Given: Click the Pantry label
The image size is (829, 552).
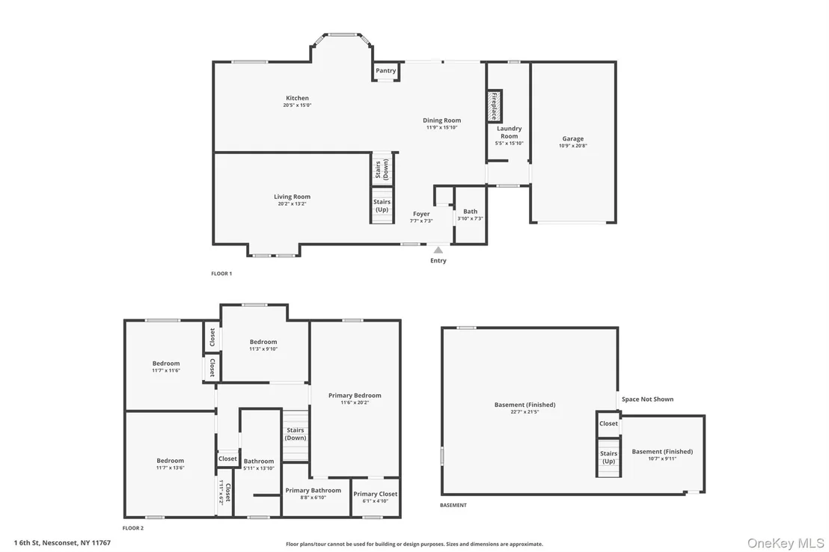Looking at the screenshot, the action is point(385,71).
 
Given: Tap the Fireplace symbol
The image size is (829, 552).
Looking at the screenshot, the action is point(495,105).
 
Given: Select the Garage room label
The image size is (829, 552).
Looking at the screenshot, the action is point(573,138).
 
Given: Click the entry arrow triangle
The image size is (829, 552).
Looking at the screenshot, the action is point(438,250).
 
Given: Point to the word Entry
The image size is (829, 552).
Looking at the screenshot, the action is point(438,260).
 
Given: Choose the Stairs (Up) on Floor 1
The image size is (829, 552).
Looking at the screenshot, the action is point(382,205).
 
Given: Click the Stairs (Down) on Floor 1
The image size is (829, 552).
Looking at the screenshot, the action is point(382,169).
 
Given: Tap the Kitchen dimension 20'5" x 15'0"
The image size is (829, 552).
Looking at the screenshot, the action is point(297,105).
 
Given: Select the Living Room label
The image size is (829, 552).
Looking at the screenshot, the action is point(292,197).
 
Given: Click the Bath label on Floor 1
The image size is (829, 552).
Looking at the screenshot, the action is point(470,212).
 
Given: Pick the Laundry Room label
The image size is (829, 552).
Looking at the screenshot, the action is point(509,132).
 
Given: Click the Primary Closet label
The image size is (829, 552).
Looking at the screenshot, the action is point(376,494).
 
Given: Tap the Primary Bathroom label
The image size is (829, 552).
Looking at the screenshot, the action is point(313,490).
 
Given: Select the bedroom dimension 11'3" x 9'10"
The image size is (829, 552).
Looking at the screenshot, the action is point(263,349).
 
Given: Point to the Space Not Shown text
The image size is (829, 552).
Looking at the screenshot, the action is point(648,399).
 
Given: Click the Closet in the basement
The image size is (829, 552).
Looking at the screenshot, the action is point(608,423).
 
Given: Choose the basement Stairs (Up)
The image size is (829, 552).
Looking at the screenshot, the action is point(608,457).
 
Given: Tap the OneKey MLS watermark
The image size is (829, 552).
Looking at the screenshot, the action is point(786,543).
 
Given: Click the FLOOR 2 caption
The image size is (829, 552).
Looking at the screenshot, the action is point(132,528).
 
